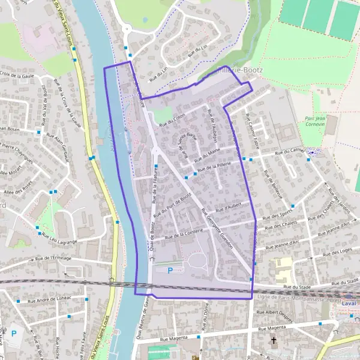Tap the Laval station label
tap(349, 304)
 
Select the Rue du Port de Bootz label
tap(173, 204)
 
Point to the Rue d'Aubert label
tap(227, 206)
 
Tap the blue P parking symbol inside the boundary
tap(170, 271)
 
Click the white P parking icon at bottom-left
tap(14, 332)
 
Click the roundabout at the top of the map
tap(126, 28)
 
